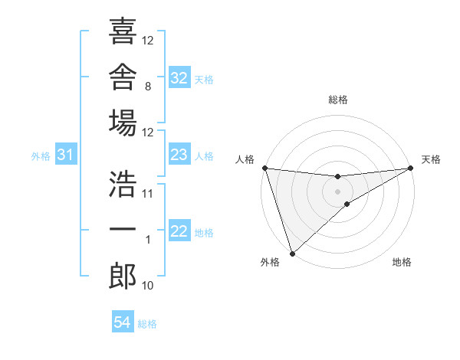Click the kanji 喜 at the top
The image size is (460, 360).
point(123,31)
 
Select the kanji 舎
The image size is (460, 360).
point(123,77)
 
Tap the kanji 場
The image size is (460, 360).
point(123,123)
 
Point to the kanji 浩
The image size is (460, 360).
point(123,184)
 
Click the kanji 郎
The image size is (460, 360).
point(123,276)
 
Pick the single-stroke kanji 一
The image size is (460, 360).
point(123,229)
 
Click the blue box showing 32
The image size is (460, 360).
point(179,77)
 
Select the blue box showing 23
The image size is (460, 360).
point(179,154)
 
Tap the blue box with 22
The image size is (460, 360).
point(179,230)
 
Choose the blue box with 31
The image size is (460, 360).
point(66,154)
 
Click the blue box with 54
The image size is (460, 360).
point(123,321)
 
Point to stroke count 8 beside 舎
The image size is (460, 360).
point(148,87)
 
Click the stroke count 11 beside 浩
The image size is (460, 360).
point(147,194)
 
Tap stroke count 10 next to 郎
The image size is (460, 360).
point(147,286)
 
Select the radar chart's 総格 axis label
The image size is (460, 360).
point(338,100)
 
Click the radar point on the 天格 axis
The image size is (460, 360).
point(411,168)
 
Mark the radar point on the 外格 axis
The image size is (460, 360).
point(292,254)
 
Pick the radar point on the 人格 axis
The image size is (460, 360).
point(265,168)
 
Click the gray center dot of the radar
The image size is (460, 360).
point(337,191)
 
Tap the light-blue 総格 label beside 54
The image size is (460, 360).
point(147,324)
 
